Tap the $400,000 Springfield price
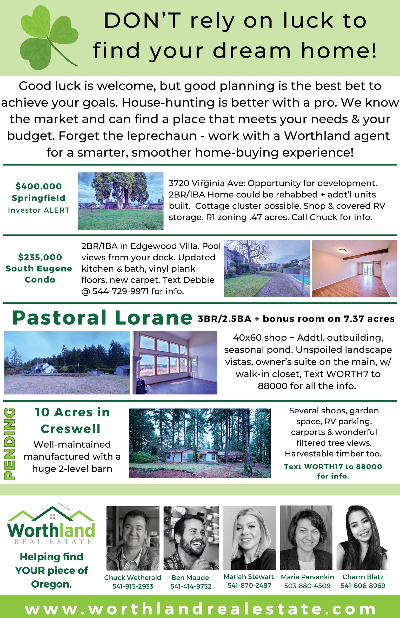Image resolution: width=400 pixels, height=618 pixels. [38, 186]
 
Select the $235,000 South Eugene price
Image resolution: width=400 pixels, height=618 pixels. [40, 257]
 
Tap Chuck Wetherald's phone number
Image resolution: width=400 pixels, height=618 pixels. [132, 586]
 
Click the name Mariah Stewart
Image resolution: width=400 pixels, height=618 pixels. [249, 577]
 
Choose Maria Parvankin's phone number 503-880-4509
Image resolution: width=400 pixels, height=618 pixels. [307, 586]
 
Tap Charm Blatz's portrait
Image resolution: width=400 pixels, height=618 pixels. [363, 538]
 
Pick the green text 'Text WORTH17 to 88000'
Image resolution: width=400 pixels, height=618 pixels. [333, 467]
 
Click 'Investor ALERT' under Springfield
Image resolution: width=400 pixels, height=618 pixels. [39, 210]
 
